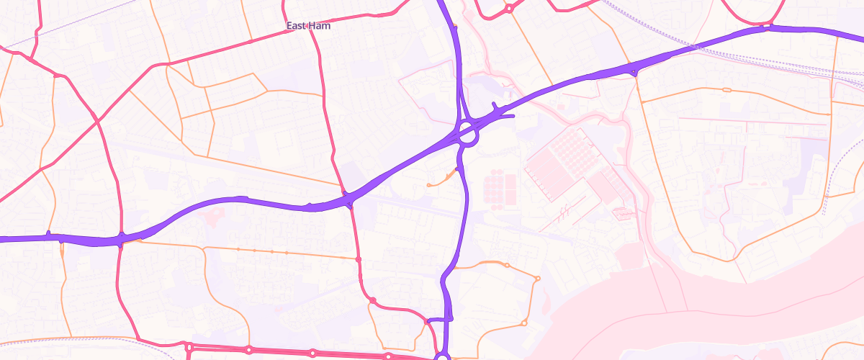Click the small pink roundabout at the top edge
(508, 9)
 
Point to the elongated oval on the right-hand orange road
(726, 90)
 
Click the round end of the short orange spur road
(429, 185)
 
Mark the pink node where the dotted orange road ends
(358, 258)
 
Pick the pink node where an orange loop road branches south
(373, 300)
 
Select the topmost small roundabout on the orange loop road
(507, 266)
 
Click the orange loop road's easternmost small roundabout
(537, 279)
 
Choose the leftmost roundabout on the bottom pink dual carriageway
(189, 348)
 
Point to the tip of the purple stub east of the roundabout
(513, 116)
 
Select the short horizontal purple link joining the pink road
(438, 320)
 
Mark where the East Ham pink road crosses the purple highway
(348, 197)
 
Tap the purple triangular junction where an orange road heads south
(634, 70)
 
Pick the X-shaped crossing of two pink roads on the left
(97, 122)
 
